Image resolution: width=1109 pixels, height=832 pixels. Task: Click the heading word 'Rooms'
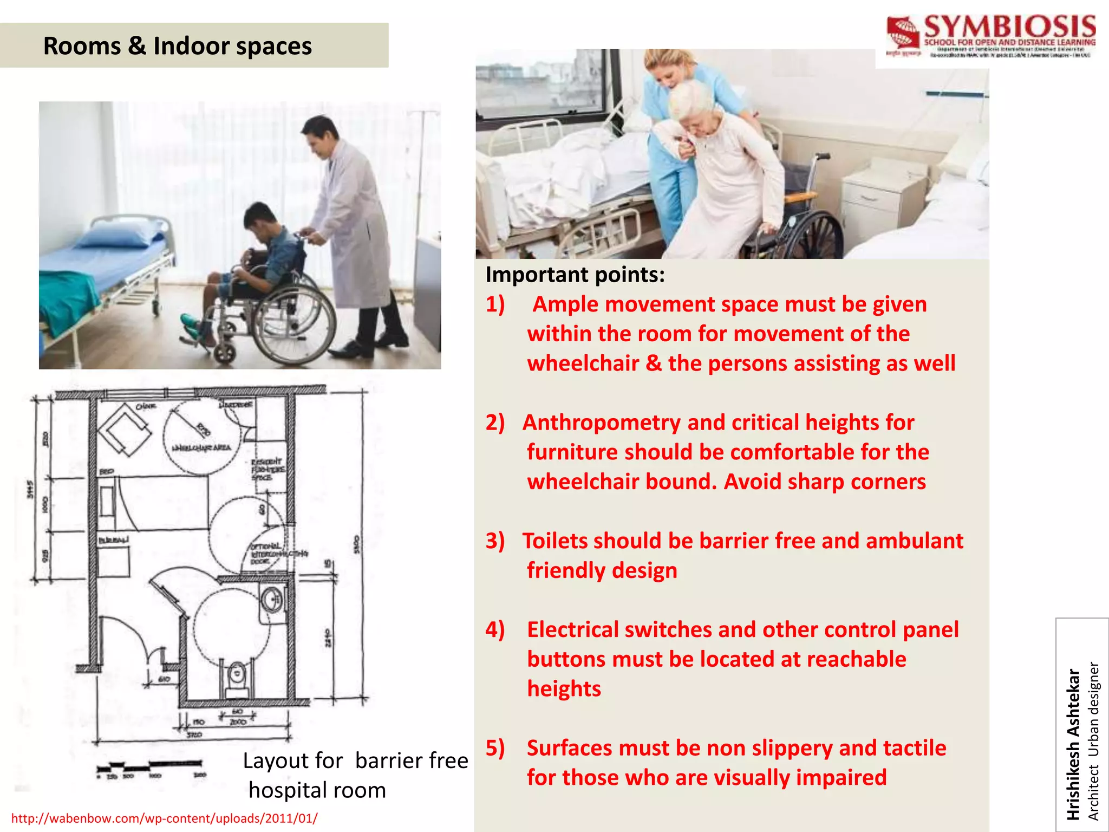click(x=81, y=45)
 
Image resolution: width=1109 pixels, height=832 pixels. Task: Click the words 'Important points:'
click(x=575, y=275)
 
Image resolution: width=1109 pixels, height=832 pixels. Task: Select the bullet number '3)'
click(x=495, y=541)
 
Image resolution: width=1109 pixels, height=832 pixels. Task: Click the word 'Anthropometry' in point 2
click(x=601, y=422)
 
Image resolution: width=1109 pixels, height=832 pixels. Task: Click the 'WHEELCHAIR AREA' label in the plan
click(x=201, y=448)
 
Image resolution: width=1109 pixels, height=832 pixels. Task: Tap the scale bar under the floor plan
click(x=149, y=766)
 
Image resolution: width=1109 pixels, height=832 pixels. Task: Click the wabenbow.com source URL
click(x=165, y=818)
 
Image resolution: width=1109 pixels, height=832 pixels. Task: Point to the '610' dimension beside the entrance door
click(x=164, y=679)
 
